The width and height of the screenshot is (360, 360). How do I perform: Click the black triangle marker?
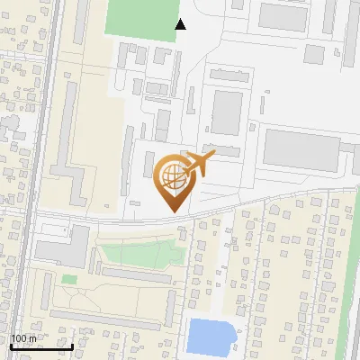pyautogui.click(x=181, y=24)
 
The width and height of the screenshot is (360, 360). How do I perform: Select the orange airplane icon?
pyautogui.click(x=199, y=163)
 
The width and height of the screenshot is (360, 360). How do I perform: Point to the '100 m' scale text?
pyautogui.click(x=23, y=338)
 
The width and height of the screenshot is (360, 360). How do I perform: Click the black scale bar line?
pyautogui.click(x=41, y=346)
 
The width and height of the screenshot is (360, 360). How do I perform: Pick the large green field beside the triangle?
pyautogui.click(x=143, y=18)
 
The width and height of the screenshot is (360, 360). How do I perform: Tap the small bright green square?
pyautogui.click(x=69, y=280)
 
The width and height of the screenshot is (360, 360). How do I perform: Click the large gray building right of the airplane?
pyautogui.click(x=301, y=148)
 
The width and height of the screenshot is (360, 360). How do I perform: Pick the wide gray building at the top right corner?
pyautogui.click(x=284, y=16)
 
